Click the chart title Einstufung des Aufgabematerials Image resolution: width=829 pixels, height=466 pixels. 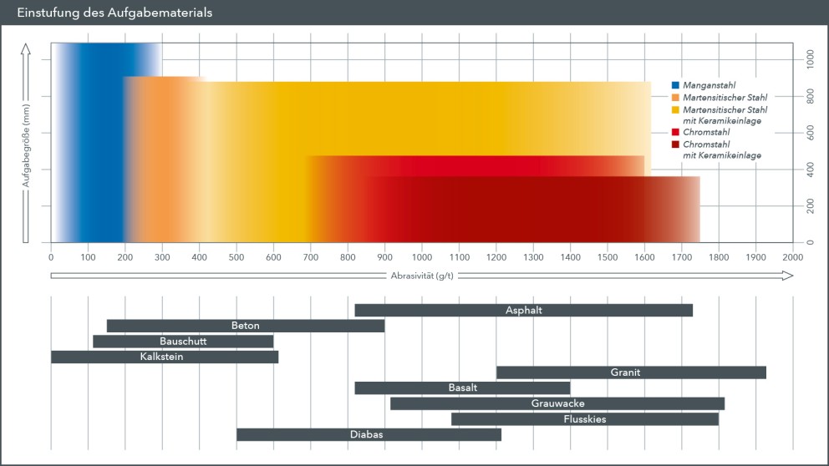pos(115,13)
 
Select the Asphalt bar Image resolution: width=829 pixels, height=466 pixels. pos(523,311)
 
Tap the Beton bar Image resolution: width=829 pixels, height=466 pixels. pos(245,326)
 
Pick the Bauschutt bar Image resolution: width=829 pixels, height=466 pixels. pos(183,342)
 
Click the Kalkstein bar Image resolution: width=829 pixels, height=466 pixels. pos(164,357)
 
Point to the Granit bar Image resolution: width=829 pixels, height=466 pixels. pos(631,372)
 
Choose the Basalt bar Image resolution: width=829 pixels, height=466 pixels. pos(462,387)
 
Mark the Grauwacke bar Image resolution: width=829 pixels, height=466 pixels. pos(557,403)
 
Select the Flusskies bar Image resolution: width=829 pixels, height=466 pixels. pos(584,419)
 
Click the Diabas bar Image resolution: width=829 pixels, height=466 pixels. pos(369,434)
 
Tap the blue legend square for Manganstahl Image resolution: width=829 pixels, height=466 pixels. pos(675,86)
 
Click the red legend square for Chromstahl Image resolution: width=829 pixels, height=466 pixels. pos(675,133)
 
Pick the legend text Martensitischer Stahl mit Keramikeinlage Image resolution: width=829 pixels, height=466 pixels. pos(725,115)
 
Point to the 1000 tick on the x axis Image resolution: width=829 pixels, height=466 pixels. pos(422,258)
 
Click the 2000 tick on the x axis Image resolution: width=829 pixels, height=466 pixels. pos(792,258)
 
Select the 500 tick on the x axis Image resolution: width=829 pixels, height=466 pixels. pos(236,258)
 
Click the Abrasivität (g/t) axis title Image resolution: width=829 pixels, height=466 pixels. pos(422,275)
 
